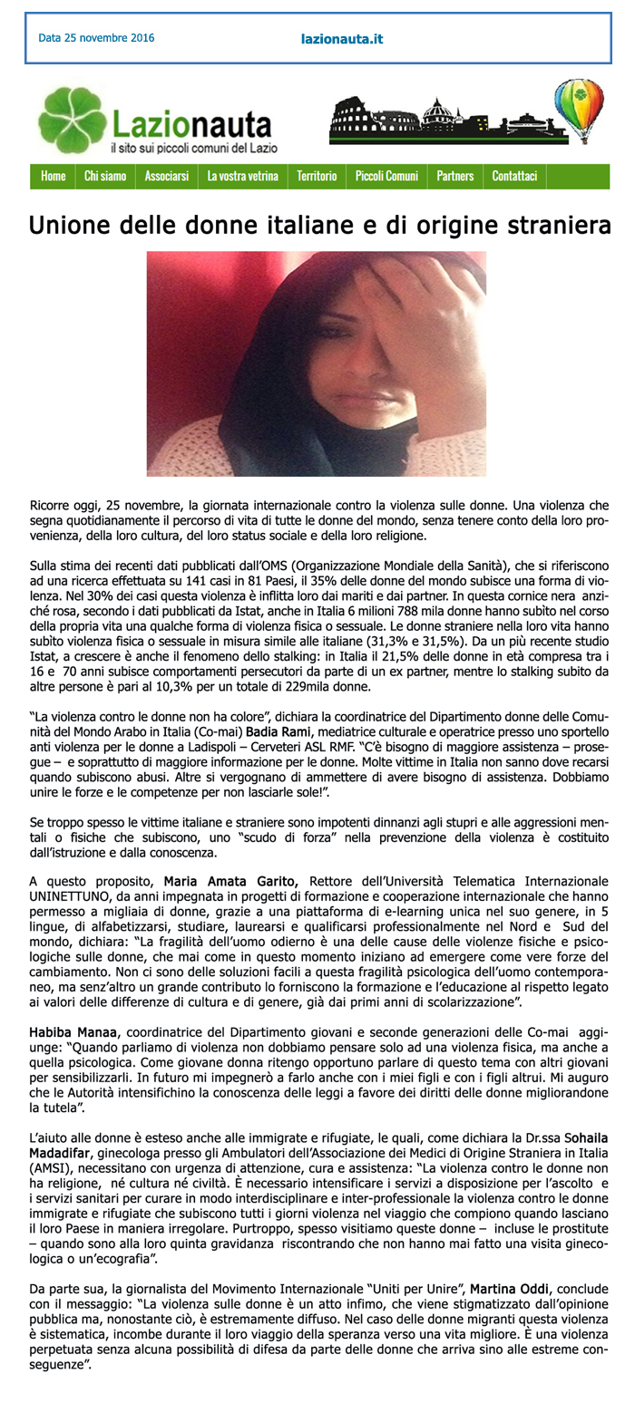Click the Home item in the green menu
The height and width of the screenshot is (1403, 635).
click(54, 176)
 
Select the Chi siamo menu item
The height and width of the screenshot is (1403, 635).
click(105, 176)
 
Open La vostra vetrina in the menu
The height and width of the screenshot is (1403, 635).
click(242, 176)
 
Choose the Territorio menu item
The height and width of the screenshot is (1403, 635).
click(317, 176)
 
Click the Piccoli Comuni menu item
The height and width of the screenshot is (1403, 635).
click(386, 176)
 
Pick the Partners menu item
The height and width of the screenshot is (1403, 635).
click(455, 176)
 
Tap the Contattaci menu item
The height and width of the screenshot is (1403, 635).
click(514, 176)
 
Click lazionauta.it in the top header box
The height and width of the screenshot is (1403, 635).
click(341, 40)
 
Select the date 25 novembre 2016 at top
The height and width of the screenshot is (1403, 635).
click(96, 38)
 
